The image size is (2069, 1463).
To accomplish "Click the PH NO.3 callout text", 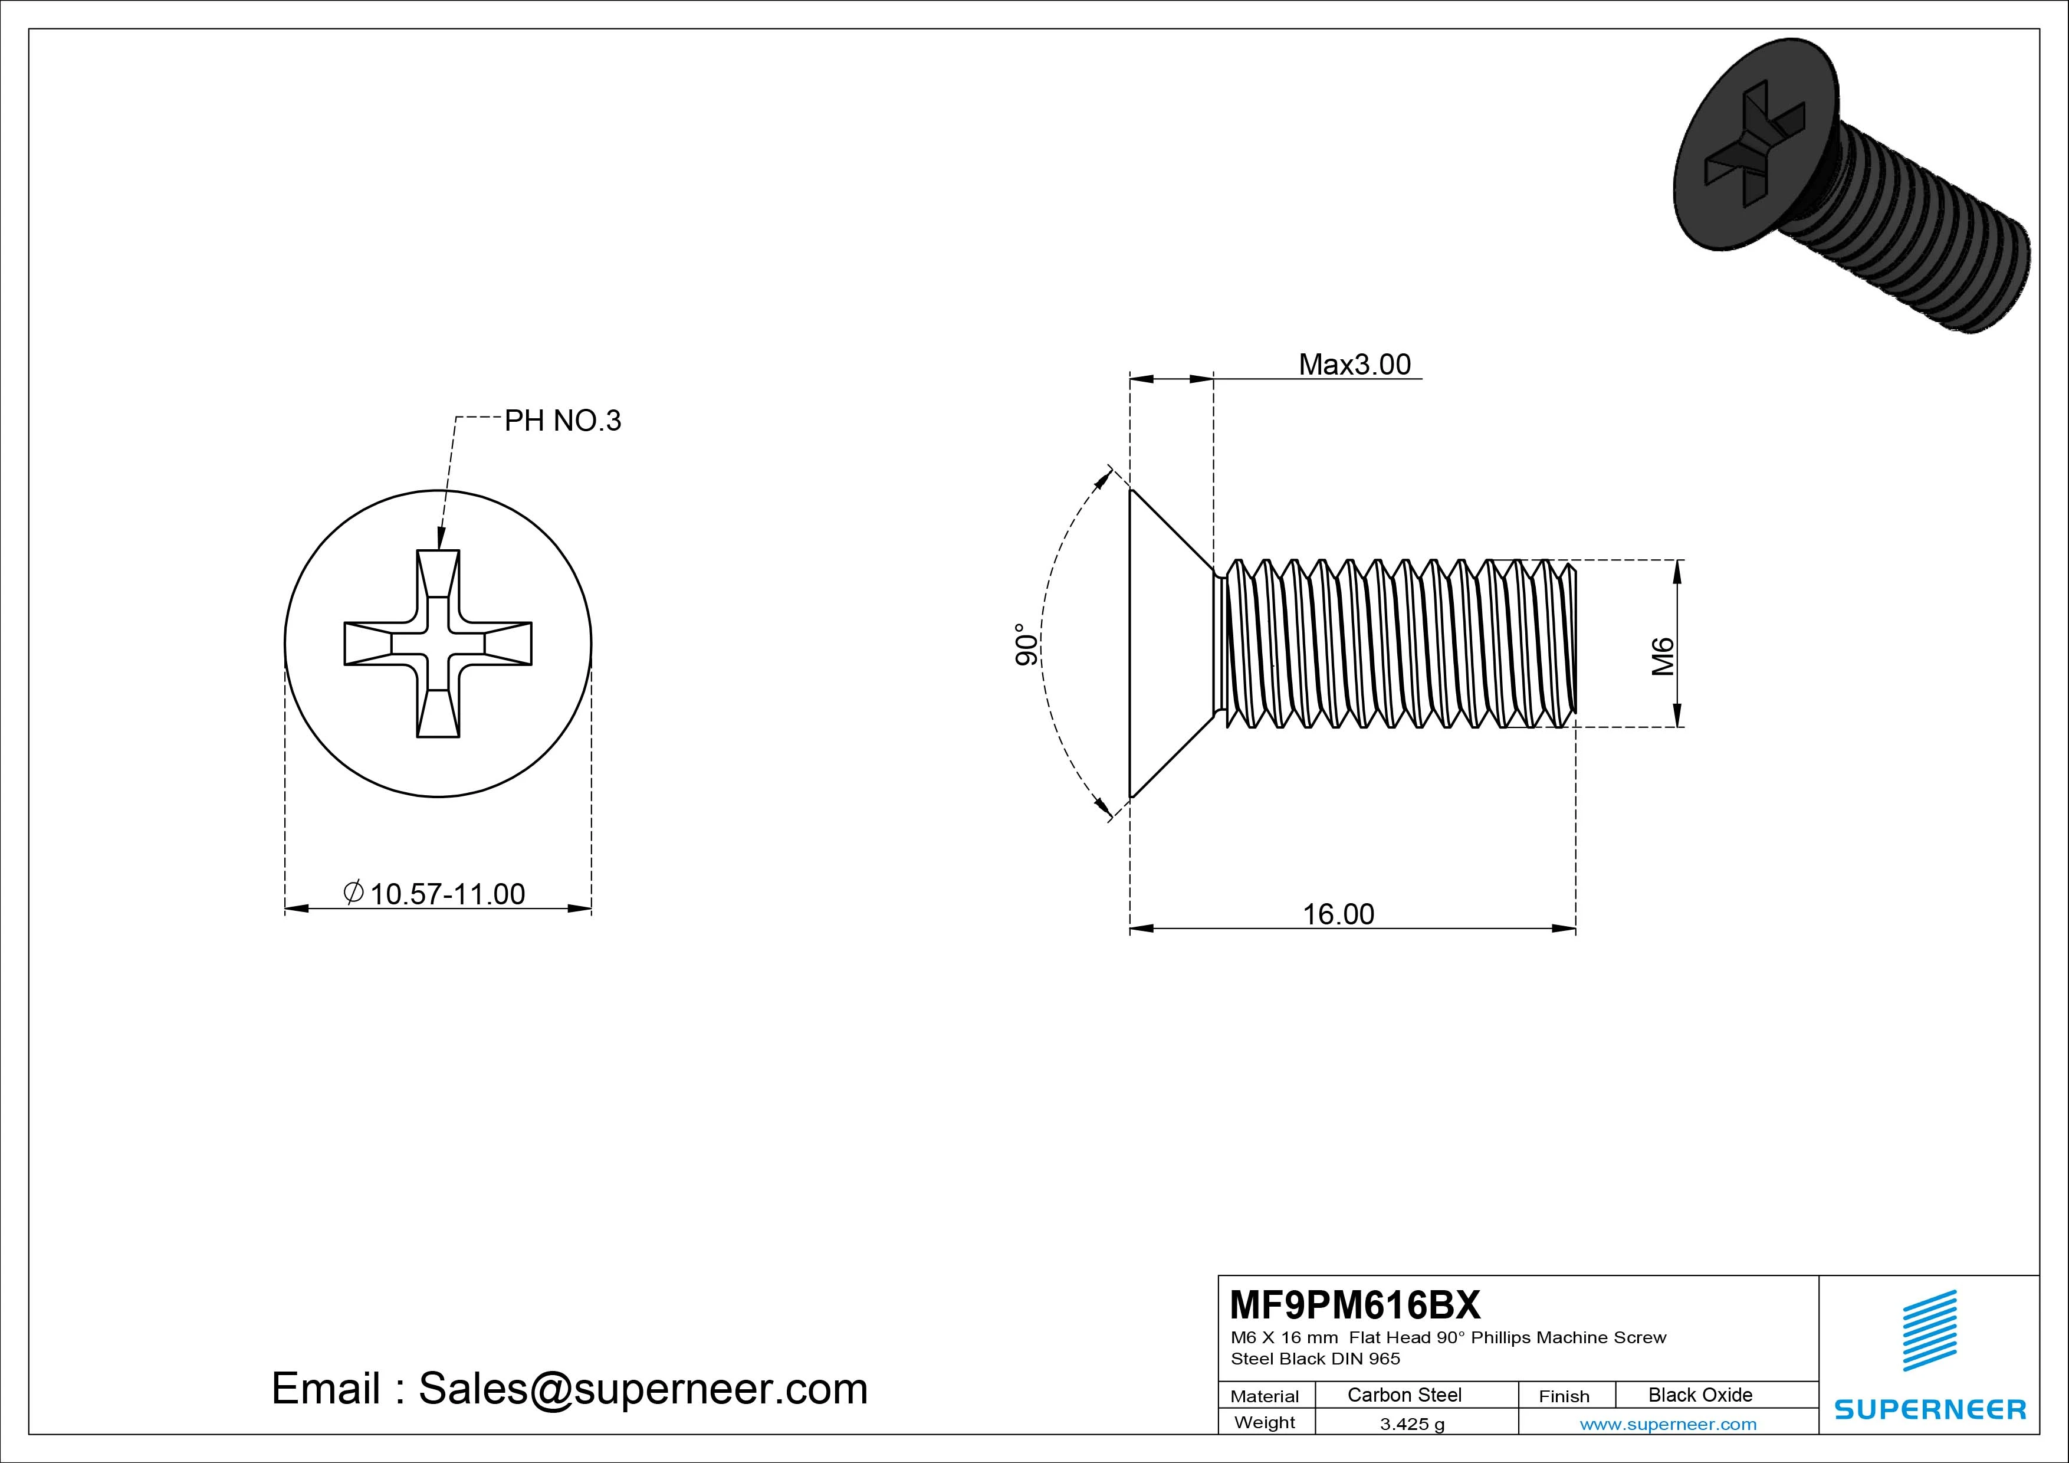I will pos(562,421).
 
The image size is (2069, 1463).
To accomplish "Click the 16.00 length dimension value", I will pos(1338,914).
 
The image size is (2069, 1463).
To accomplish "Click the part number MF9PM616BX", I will pos(1354,1304).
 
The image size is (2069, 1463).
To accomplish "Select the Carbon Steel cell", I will pos(1404,1395).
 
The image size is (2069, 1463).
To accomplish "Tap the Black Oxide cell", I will pos(1700,1395).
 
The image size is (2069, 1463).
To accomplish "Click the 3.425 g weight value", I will pos(1412,1424).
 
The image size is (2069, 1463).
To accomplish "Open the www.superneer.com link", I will pos(1668,1424).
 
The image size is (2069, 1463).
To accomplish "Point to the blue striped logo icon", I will pos(1929,1330).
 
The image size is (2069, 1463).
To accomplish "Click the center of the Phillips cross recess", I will pos(438,644).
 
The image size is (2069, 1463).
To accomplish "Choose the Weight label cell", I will pos(1265,1422).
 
